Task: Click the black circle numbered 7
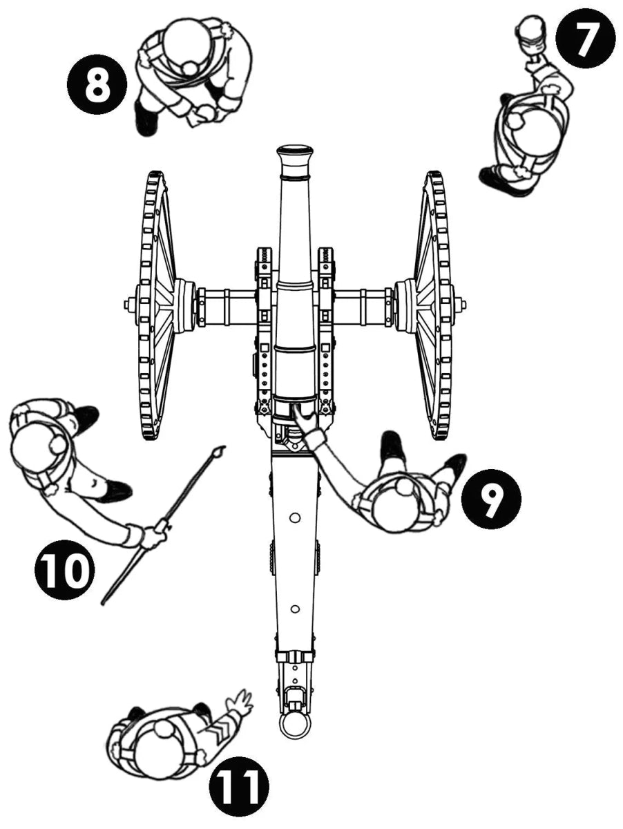click(584, 39)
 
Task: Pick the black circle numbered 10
click(64, 570)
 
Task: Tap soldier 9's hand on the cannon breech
click(301, 416)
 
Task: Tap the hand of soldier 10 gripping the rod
click(153, 535)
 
